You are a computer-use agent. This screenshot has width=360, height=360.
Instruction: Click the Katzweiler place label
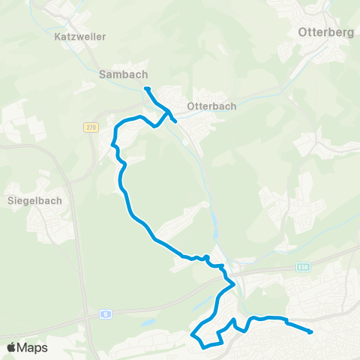click(x=80, y=36)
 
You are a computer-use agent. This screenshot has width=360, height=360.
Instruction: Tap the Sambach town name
click(x=123, y=74)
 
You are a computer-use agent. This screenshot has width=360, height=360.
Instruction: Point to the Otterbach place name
click(x=211, y=106)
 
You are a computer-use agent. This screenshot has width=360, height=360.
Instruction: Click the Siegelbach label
click(x=34, y=201)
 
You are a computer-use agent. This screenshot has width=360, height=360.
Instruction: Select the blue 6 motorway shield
click(x=107, y=315)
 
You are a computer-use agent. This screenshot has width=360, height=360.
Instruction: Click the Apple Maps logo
click(x=27, y=348)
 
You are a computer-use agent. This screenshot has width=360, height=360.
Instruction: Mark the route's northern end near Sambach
click(x=147, y=89)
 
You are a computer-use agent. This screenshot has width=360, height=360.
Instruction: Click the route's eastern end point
click(x=310, y=331)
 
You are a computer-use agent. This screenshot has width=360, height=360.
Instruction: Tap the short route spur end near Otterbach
click(x=175, y=121)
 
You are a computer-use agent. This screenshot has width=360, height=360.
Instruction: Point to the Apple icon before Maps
click(x=11, y=347)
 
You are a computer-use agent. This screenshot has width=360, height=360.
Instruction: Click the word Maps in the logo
click(x=32, y=348)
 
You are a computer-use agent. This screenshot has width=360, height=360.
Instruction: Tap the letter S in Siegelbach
click(x=10, y=201)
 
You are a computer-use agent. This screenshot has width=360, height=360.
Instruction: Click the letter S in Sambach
click(x=103, y=74)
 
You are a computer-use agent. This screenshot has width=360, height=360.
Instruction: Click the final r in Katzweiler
click(x=103, y=36)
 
